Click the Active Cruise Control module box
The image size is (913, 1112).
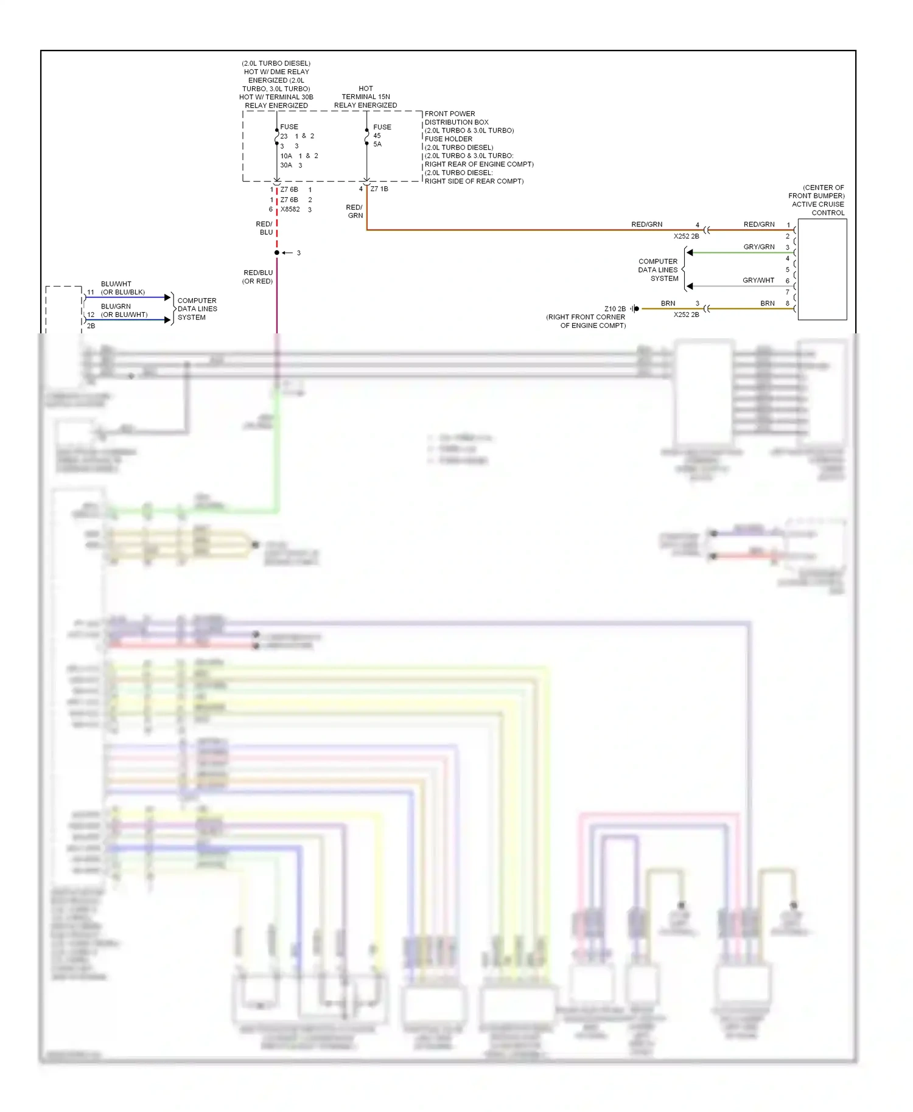[822, 269]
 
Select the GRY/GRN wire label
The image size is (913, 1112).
[758, 247]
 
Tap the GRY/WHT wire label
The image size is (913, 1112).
[758, 280]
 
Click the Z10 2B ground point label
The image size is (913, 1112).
[615, 309]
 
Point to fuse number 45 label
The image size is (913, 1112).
[377, 136]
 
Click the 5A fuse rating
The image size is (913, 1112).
[377, 144]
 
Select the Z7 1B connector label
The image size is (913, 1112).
[379, 189]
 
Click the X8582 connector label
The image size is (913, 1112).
[290, 209]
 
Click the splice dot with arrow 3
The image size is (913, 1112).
[277, 252]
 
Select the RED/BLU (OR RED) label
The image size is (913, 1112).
[258, 277]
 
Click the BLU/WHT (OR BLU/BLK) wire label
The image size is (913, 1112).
[122, 288]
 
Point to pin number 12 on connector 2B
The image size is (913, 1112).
[91, 315]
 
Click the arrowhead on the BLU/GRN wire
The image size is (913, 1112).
[168, 320]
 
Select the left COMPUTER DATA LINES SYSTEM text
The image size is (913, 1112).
[197, 309]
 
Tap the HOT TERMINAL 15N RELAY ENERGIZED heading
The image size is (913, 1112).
[365, 97]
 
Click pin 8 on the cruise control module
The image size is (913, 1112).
[787, 304]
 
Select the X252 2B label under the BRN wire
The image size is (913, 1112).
[686, 315]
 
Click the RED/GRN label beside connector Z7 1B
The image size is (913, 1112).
[355, 212]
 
